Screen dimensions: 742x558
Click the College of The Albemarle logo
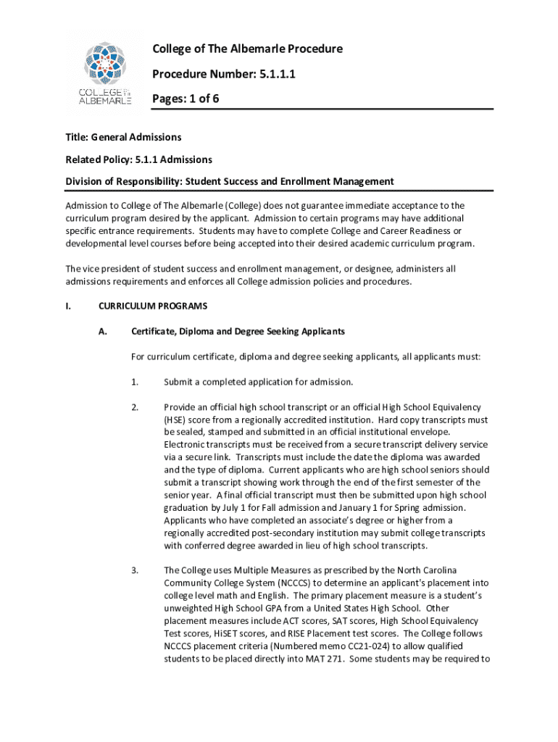pos(105,73)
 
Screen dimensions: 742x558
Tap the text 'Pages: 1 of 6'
pos(185,99)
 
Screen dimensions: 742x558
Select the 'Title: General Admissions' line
pos(123,137)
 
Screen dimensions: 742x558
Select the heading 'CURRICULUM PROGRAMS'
pos(153,306)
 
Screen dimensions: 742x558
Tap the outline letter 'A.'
pos(103,331)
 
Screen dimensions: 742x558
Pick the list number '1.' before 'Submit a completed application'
pos(135,382)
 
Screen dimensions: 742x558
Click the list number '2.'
pos(135,407)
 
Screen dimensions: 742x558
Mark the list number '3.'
pos(135,570)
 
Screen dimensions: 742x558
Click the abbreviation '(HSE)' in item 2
pos(176,420)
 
